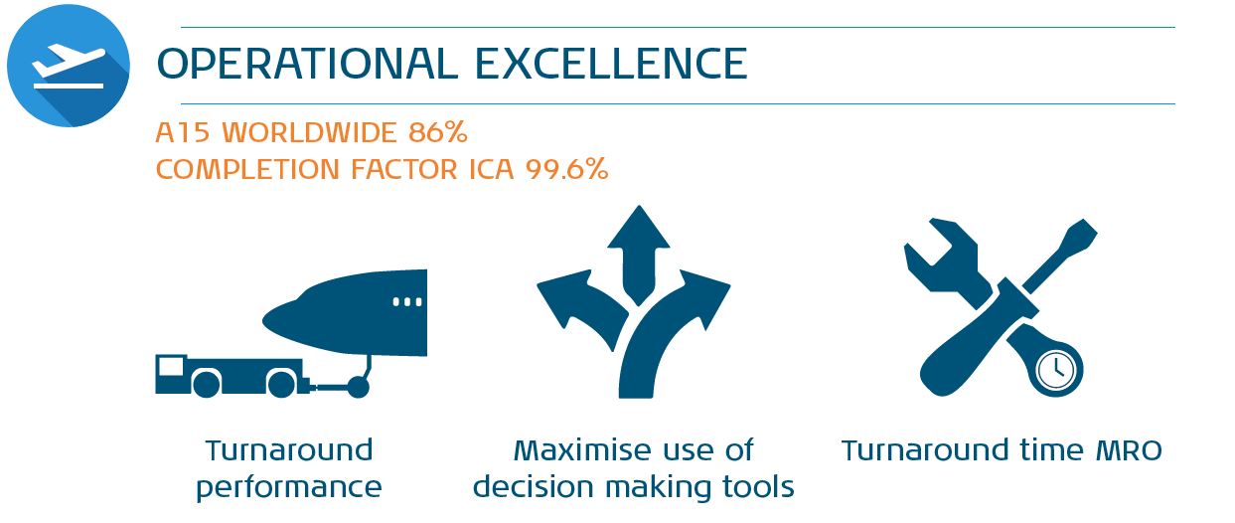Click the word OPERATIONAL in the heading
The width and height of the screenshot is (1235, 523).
coord(307,64)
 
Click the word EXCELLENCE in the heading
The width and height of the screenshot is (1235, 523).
coord(611,64)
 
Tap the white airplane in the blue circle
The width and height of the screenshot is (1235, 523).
coord(68,62)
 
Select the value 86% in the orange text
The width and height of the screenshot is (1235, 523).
coord(438,132)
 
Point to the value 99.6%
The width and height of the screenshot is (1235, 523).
coord(566,169)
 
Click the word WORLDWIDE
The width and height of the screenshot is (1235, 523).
coord(309,132)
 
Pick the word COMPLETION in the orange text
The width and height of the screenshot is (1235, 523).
coord(247,169)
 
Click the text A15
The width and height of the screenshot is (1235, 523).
coord(183,132)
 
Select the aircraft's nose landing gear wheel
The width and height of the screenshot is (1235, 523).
coord(358,387)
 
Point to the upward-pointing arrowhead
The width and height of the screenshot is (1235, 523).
coord(639,227)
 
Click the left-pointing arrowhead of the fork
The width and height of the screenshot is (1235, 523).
coord(564,298)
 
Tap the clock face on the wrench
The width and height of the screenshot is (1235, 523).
coord(1056,370)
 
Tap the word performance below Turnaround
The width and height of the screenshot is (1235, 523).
coord(289,487)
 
